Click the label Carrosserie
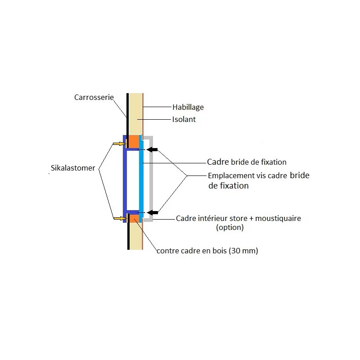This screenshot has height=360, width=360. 94,97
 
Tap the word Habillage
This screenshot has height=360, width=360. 188,107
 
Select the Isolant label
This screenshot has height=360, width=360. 184,120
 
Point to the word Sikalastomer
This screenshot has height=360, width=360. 73,168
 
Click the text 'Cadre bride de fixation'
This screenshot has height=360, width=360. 247,162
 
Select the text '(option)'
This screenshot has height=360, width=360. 229,228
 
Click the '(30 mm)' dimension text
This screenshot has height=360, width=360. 243,251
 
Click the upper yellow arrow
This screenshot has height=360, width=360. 118,144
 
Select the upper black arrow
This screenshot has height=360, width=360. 153,149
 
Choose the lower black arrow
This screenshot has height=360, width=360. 153,212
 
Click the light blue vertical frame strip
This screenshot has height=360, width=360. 141,180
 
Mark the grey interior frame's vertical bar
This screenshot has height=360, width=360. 152,180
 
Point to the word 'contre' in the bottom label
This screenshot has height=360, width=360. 166,251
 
